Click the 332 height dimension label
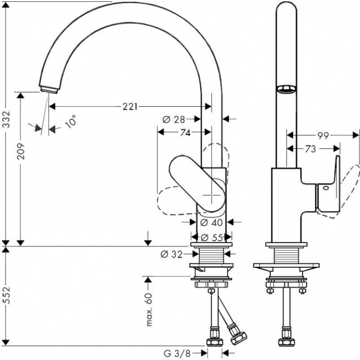(x=7, y=119)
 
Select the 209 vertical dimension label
(x=21, y=151)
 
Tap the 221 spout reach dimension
(x=130, y=107)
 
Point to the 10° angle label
(x=71, y=121)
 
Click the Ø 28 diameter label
(x=174, y=119)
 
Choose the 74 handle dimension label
(x=185, y=132)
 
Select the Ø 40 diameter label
(x=211, y=222)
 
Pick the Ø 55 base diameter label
(x=211, y=238)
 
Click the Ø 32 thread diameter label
(x=171, y=254)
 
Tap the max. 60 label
(x=149, y=310)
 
